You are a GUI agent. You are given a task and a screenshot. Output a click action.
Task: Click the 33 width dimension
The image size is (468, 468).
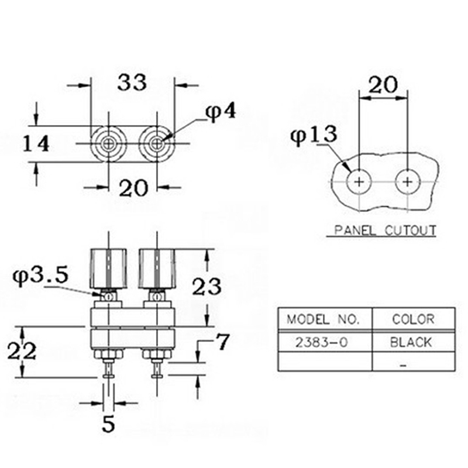click(x=132, y=82)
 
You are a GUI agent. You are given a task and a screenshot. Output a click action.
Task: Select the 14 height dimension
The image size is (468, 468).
click(x=36, y=144)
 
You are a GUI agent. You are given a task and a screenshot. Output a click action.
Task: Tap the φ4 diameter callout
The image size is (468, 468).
click(x=221, y=112)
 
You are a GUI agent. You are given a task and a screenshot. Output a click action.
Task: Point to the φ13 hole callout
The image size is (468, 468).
click(x=314, y=136)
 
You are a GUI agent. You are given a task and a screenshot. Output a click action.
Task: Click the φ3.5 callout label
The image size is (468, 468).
click(x=40, y=276)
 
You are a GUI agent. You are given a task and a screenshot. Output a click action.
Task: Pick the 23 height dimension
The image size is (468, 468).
click(x=207, y=287)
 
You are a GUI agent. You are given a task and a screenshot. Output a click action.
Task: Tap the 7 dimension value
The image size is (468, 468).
click(x=222, y=342)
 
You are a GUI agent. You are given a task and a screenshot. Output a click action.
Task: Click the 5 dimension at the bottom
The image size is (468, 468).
click(x=108, y=424)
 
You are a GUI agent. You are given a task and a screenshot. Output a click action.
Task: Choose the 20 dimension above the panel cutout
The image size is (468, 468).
click(x=383, y=85)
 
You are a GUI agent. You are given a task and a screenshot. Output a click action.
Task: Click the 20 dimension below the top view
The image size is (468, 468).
click(x=133, y=188)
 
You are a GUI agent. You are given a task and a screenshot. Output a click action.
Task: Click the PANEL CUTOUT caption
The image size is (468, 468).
click(x=385, y=230)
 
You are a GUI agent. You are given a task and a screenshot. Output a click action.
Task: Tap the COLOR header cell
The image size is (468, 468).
click(x=414, y=319)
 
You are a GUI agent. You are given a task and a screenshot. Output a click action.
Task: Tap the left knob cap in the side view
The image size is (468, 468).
click(x=108, y=269)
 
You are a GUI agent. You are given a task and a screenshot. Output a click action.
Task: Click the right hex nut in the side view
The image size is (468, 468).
click(x=157, y=354)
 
